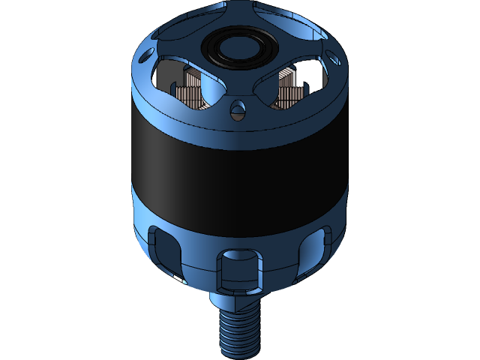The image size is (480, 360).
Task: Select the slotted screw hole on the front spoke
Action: tap(238, 112)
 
